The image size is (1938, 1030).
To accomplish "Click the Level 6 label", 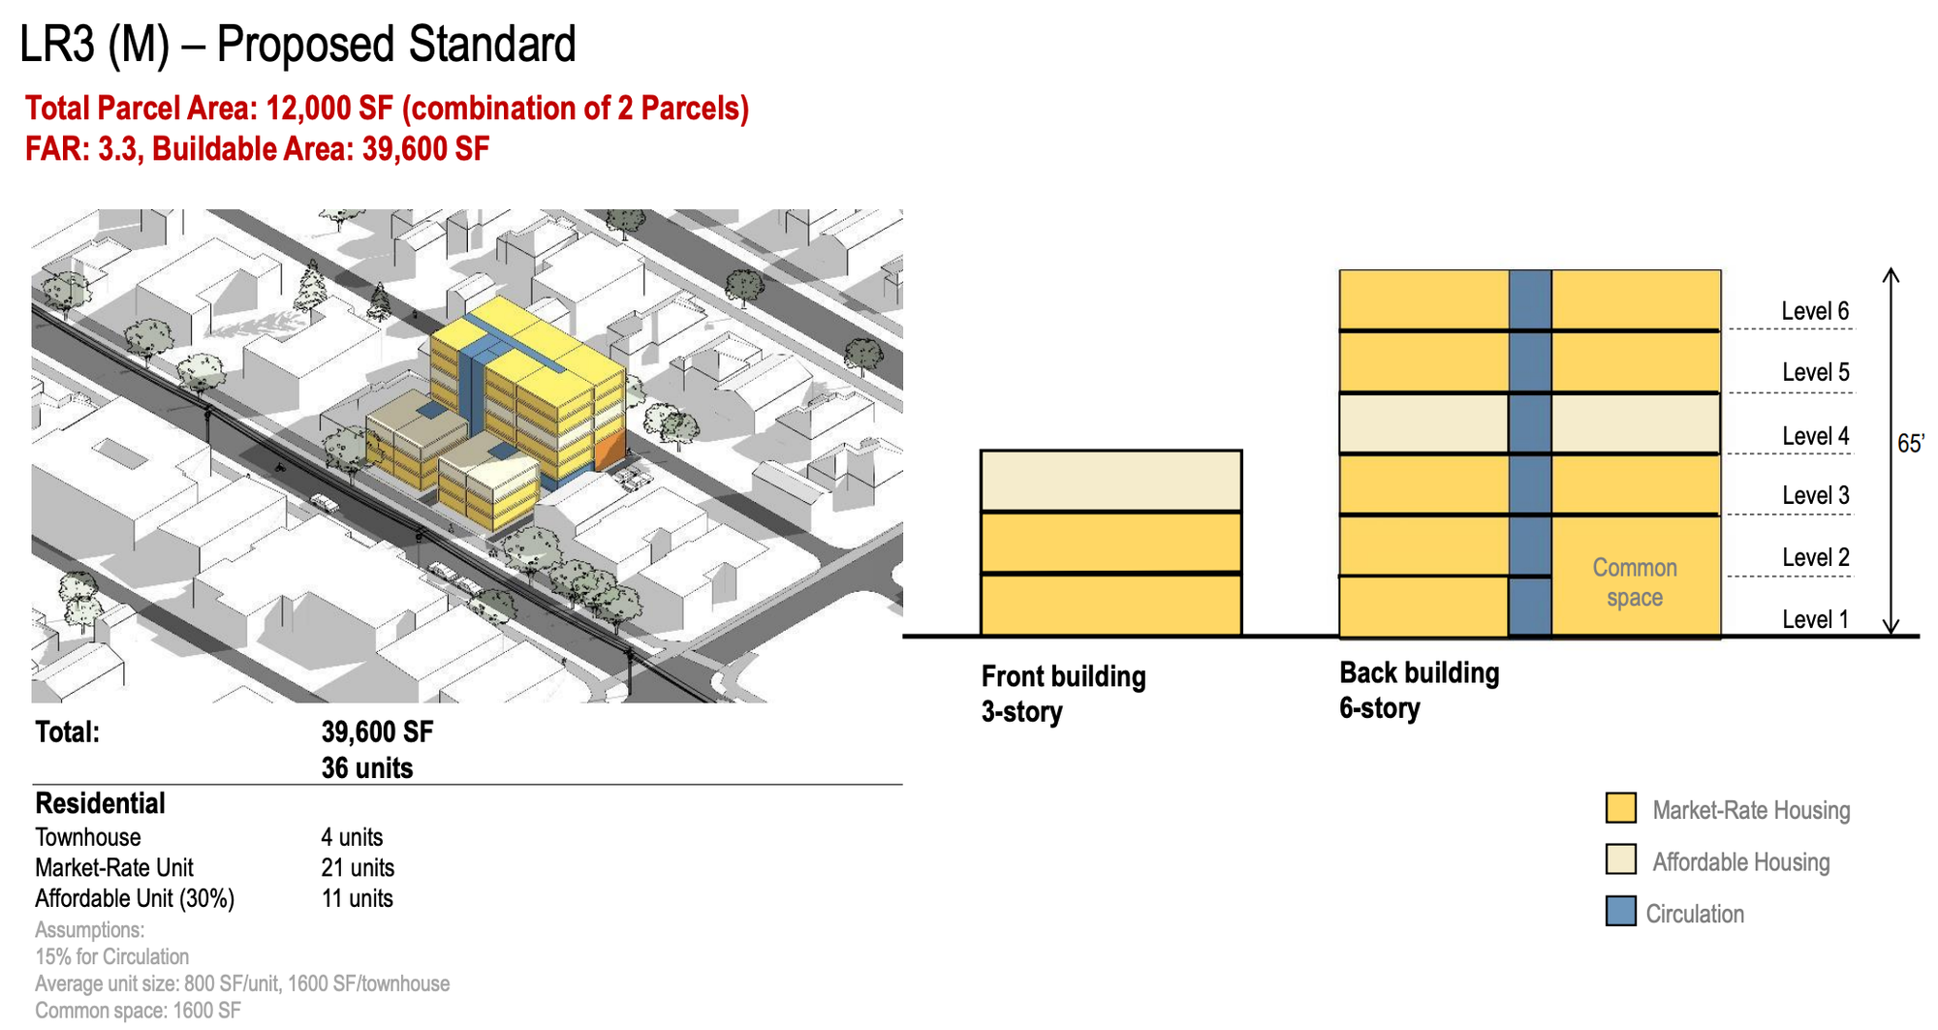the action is pyautogui.click(x=1815, y=311).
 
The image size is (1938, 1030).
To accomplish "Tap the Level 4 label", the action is pyautogui.click(x=1815, y=436).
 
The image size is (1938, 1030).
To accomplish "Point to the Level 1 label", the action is pyautogui.click(x=1815, y=619).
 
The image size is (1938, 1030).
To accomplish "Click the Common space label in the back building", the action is pyautogui.click(x=1635, y=582).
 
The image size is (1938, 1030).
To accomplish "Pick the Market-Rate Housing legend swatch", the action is pyautogui.click(x=1621, y=808).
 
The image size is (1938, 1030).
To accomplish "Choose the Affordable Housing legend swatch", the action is pyautogui.click(x=1621, y=859).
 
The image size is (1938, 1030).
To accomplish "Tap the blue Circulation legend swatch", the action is pyautogui.click(x=1621, y=912).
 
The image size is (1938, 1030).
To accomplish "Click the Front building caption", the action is pyautogui.click(x=1063, y=694).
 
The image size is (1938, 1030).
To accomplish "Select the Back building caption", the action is pyautogui.click(x=1420, y=690).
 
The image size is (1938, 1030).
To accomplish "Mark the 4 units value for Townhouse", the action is pyautogui.click(x=352, y=837).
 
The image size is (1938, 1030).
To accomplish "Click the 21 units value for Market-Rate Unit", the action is pyautogui.click(x=358, y=867).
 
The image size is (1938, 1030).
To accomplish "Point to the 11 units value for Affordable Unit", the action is pyautogui.click(x=357, y=898).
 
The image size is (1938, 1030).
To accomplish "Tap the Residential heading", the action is pyautogui.click(x=100, y=803).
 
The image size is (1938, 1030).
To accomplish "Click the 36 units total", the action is pyautogui.click(x=367, y=768).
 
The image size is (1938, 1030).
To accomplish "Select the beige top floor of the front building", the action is pyautogui.click(x=1111, y=481).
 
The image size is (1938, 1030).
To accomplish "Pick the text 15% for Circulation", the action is pyautogui.click(x=112, y=956).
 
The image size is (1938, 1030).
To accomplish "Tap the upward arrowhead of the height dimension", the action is pyautogui.click(x=1891, y=274).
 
